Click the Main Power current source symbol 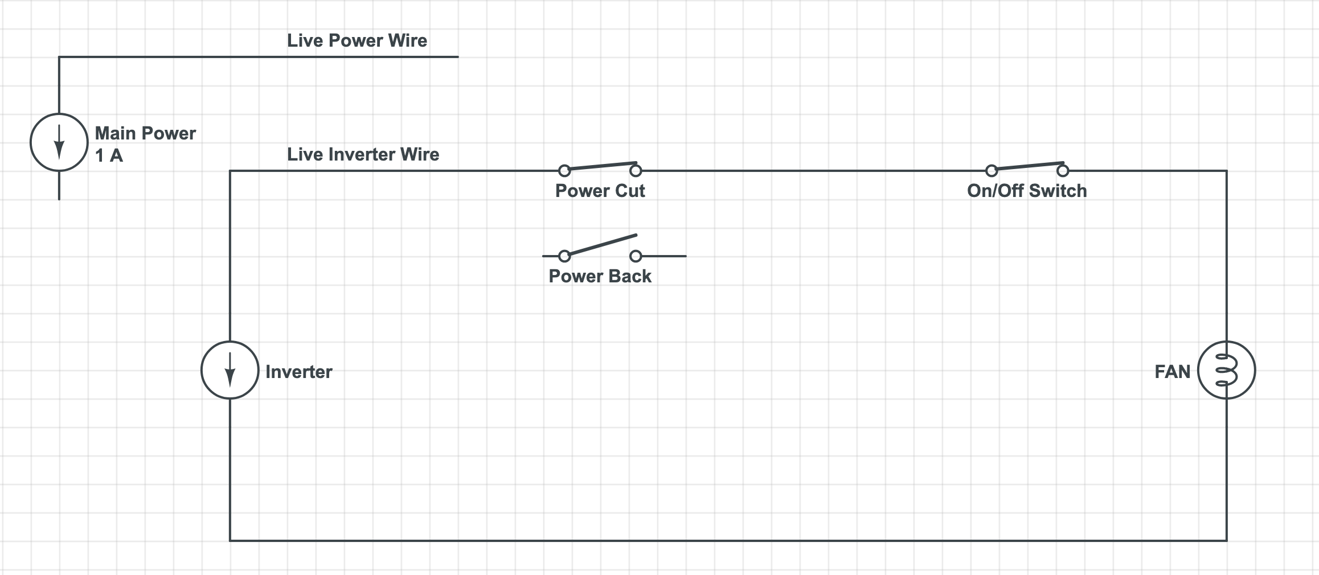pyautogui.click(x=59, y=142)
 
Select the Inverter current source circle pyautogui.click(x=230, y=370)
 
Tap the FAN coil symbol pyautogui.click(x=1226, y=370)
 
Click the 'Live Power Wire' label pyautogui.click(x=357, y=40)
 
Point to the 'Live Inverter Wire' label pyautogui.click(x=363, y=154)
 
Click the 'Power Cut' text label pyautogui.click(x=600, y=191)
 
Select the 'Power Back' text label pyautogui.click(x=600, y=276)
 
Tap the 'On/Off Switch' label pyautogui.click(x=1027, y=191)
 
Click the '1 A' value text pyautogui.click(x=109, y=155)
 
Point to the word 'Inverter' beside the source pyautogui.click(x=298, y=372)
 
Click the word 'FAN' pyautogui.click(x=1172, y=372)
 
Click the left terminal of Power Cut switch pyautogui.click(x=564, y=170)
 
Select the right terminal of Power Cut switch pyautogui.click(x=636, y=170)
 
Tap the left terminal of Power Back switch pyautogui.click(x=564, y=256)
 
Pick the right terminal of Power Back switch pyautogui.click(x=636, y=256)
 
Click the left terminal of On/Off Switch pyautogui.click(x=992, y=170)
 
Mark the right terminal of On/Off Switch pyautogui.click(x=1063, y=170)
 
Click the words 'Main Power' pyautogui.click(x=145, y=133)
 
